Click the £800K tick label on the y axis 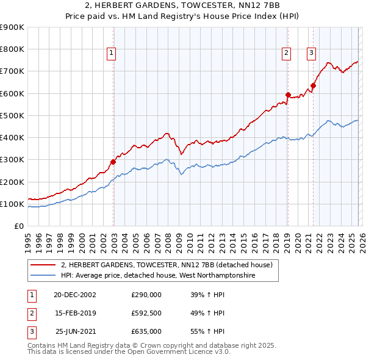click(x=12, y=49)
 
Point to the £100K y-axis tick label click(x=12, y=204)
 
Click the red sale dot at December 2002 click(x=113, y=162)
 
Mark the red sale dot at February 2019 click(x=287, y=95)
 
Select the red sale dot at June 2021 click(x=313, y=85)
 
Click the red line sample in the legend click(x=43, y=265)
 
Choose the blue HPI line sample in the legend click(x=43, y=276)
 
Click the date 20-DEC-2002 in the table click(x=74, y=295)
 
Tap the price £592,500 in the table click(x=146, y=313)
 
